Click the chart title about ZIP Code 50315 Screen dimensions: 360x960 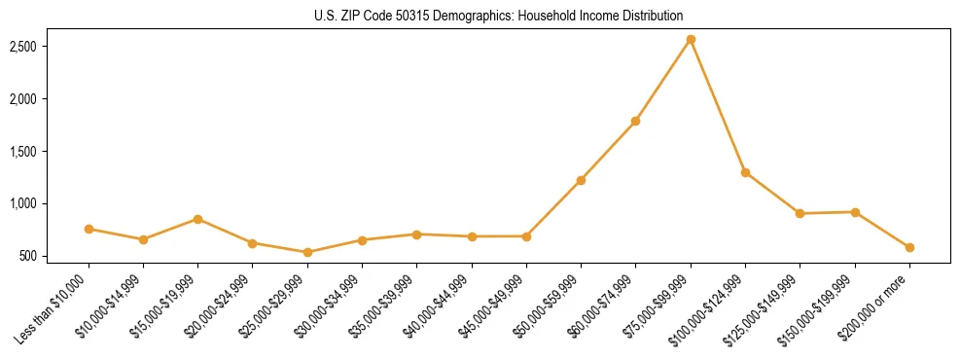[499, 16]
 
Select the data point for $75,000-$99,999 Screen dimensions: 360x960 [691, 40]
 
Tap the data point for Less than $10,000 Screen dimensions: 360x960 [89, 229]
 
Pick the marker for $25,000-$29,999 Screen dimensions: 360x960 [307, 252]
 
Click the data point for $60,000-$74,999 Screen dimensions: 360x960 [635, 121]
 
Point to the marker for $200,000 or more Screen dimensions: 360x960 [909, 247]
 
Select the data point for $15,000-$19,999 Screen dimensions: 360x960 [197, 219]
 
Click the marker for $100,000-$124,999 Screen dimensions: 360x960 [745, 172]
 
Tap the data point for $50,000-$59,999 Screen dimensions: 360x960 [581, 180]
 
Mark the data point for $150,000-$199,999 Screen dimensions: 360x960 [855, 212]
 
